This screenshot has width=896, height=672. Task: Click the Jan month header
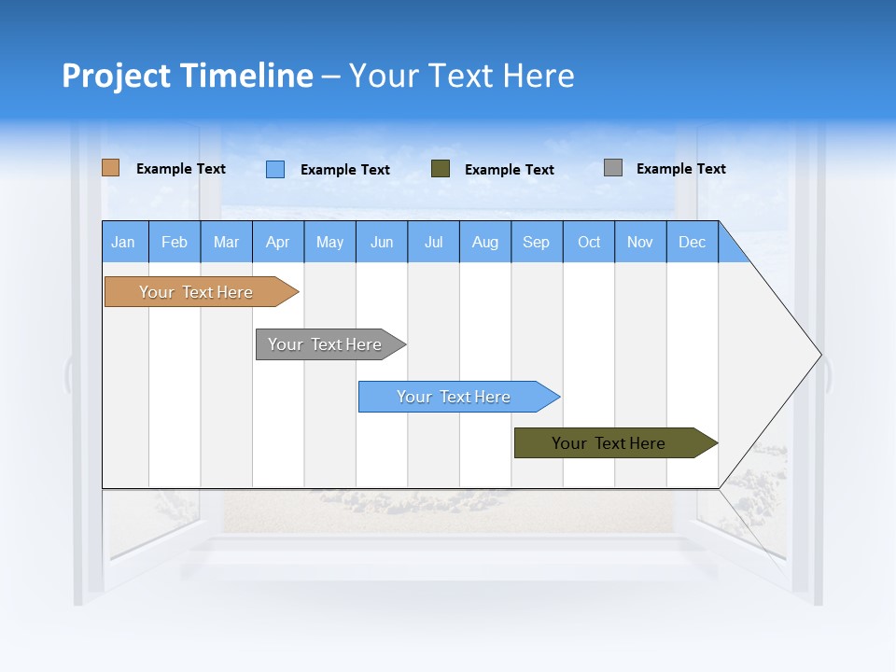(x=124, y=242)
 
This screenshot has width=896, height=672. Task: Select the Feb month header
(x=175, y=242)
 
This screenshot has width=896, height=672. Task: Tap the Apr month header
(x=278, y=242)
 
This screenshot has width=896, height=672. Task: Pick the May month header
(x=329, y=242)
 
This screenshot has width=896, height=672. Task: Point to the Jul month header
(x=433, y=242)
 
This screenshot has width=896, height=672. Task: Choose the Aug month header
(x=485, y=242)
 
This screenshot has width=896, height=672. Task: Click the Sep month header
(x=537, y=242)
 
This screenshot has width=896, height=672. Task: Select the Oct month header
(x=589, y=242)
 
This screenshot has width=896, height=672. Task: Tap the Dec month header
(x=693, y=242)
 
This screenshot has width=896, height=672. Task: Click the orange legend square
(x=111, y=168)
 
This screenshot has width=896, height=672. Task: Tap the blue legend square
(x=275, y=169)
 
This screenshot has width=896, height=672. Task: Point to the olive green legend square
(x=441, y=169)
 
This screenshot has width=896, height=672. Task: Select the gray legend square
(x=613, y=168)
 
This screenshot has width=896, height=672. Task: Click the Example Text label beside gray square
(x=681, y=169)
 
